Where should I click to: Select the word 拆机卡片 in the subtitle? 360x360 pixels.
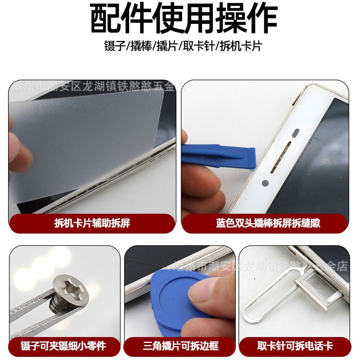point(241,46)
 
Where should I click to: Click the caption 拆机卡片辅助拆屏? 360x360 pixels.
point(92,223)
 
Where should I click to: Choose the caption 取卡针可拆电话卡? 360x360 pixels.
point(295,346)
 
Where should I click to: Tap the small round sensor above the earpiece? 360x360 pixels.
point(296,134)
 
